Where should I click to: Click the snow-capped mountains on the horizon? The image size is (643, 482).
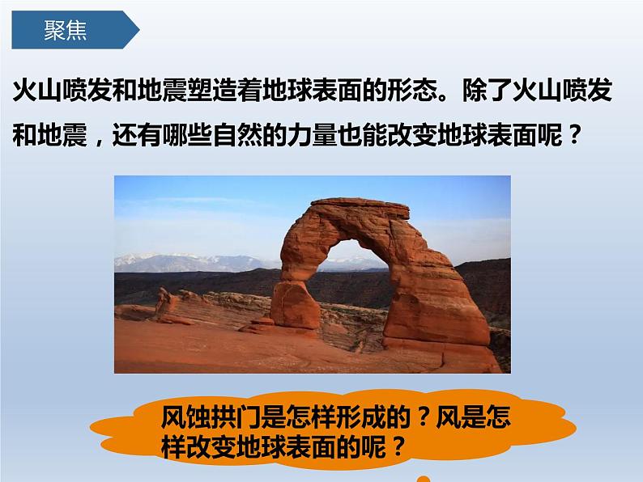178,260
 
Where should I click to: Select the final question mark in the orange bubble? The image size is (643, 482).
396,446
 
